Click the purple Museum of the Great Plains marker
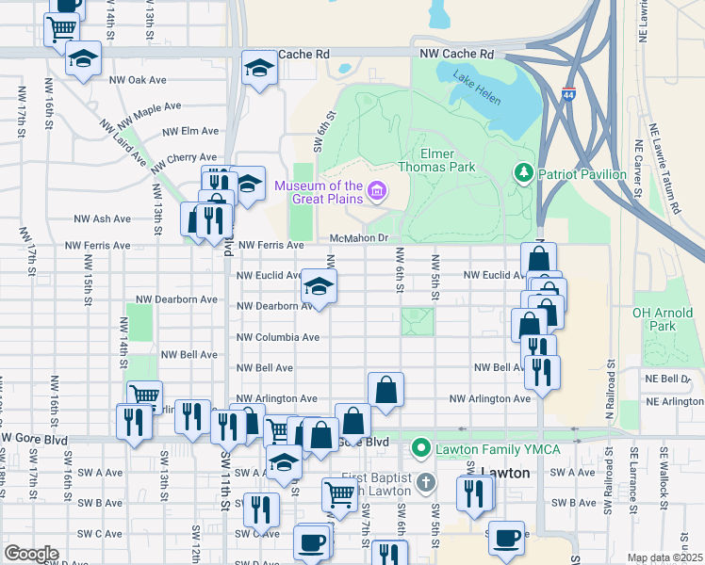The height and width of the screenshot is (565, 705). (x=377, y=192)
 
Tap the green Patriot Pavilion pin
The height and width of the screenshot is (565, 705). (x=523, y=173)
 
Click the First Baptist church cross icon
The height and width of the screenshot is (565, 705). (x=425, y=482)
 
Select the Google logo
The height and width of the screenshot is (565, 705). (x=31, y=553)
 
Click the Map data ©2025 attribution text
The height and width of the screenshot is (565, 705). (x=664, y=557)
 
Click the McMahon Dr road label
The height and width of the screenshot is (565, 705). (x=359, y=238)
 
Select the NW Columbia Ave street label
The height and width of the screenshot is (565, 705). (x=278, y=336)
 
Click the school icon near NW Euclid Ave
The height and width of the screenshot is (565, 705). (x=320, y=286)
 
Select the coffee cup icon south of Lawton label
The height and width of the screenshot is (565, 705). (x=507, y=537)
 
